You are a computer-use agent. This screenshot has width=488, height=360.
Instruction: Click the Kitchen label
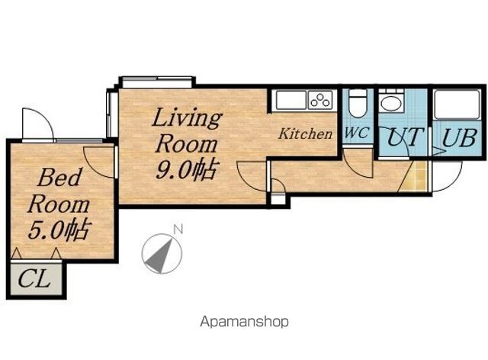click(305, 133)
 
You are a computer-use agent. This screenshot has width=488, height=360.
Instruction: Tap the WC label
click(357, 133)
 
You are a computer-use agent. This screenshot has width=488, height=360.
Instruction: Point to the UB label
click(459, 137)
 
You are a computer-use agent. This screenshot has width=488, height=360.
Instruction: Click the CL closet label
click(34, 278)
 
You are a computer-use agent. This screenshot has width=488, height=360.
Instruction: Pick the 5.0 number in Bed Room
click(46, 230)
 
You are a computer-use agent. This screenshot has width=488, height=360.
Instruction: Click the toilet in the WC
click(358, 104)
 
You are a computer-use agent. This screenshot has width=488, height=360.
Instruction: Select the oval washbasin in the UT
click(392, 104)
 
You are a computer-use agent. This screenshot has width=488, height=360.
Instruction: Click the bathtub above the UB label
click(457, 104)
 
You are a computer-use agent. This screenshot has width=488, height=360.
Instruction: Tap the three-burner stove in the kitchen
click(321, 100)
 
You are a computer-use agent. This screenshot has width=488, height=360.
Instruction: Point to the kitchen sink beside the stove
click(291, 100)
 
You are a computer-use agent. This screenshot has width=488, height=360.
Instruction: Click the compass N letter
click(178, 230)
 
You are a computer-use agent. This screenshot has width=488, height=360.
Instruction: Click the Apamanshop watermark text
click(244, 322)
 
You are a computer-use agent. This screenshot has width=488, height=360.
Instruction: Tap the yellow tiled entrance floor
click(416, 176)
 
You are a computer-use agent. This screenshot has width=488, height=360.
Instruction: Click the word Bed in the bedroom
click(59, 177)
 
